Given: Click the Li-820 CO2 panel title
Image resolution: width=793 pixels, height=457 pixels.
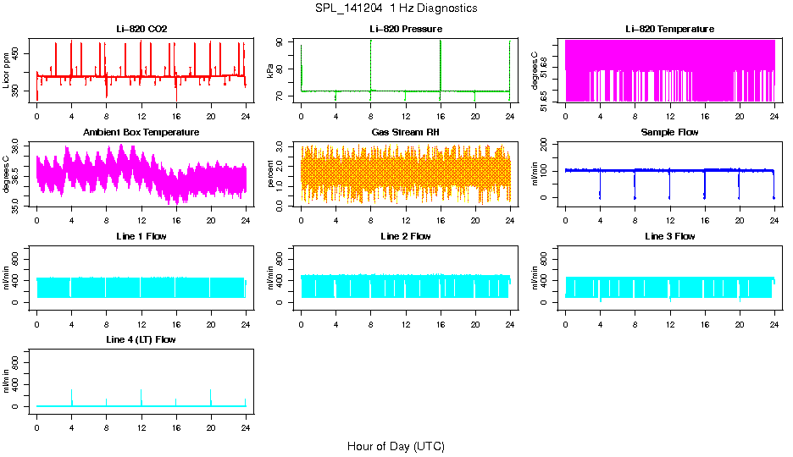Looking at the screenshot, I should point(141,30).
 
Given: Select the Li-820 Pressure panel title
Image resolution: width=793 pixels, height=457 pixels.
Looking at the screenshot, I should point(405,30).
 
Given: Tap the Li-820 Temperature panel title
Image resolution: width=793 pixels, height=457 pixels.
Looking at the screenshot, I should point(669,30).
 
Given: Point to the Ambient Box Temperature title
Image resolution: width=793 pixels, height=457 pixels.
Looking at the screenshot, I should point(141,133).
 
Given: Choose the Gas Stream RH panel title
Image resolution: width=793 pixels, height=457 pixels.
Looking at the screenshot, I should point(405,133).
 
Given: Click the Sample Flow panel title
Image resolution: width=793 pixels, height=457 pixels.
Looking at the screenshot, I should point(669,133).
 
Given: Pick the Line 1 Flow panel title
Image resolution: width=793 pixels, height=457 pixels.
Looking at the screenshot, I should point(141,236).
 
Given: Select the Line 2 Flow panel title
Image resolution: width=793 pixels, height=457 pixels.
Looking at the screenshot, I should point(405,236).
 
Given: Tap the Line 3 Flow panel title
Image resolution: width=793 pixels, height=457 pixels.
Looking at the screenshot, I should point(669,236).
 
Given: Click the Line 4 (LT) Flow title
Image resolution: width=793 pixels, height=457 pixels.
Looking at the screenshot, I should point(141,339).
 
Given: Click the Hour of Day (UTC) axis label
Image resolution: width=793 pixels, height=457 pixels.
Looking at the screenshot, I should point(396,446).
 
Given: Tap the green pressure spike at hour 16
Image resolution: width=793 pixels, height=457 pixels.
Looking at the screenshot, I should point(441,59).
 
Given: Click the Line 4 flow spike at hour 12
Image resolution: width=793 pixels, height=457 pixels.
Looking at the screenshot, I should point(141,395).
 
